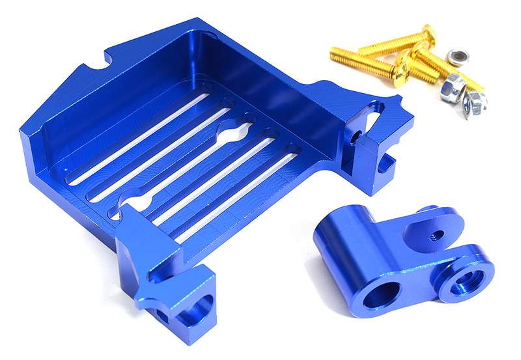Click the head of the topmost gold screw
428,32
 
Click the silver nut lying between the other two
452,87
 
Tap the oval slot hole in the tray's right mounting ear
376,109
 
